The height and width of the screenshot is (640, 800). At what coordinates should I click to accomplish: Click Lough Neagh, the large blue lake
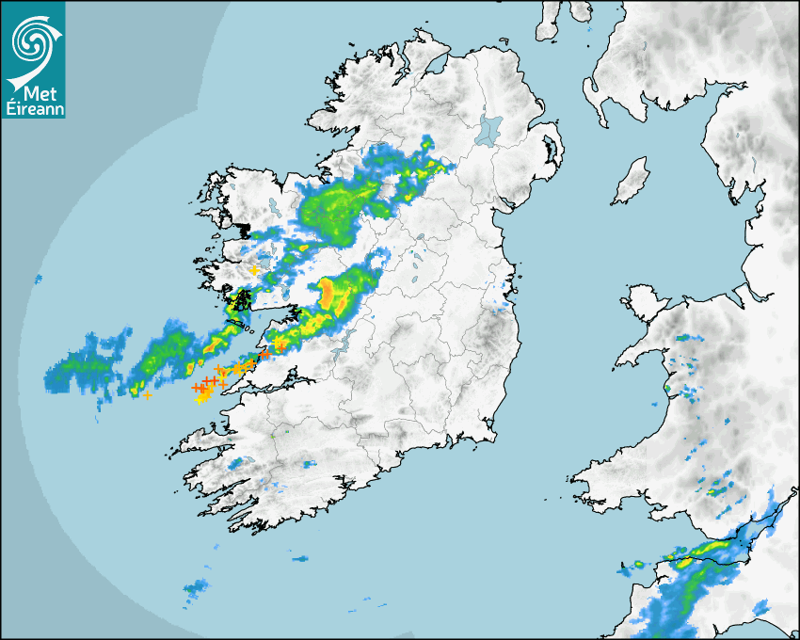click(489, 130)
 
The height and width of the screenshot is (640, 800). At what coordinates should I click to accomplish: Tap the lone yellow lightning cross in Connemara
click(254, 270)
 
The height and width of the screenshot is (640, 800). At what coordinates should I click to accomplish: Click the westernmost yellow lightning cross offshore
click(147, 395)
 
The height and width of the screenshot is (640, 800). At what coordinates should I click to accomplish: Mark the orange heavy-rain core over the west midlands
click(328, 295)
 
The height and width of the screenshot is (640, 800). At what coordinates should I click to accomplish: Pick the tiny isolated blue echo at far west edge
click(39, 279)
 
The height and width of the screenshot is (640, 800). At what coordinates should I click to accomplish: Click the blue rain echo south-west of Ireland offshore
click(196, 590)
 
